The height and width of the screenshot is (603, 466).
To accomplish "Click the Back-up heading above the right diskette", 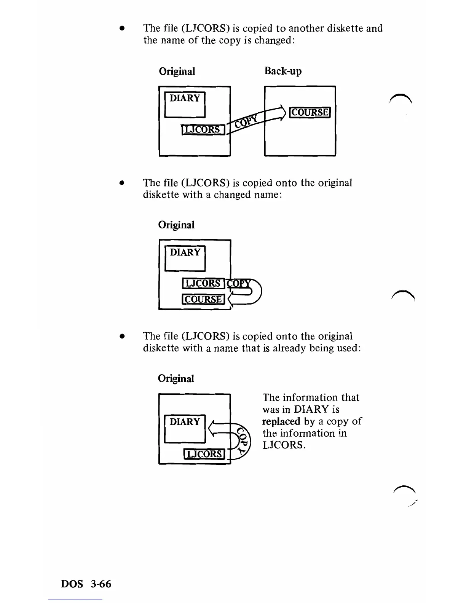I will click(x=283, y=71).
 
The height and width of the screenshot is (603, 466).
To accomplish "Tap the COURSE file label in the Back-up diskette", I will click(x=310, y=112).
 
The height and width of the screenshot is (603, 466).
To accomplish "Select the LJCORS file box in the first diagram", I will click(x=203, y=129).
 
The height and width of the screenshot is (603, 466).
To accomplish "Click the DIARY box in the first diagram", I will click(x=185, y=105).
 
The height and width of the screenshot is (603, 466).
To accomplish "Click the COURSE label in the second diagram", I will click(x=204, y=300).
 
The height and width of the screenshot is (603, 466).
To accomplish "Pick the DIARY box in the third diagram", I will click(x=185, y=428).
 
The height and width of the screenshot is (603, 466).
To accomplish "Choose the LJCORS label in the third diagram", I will click(x=205, y=454).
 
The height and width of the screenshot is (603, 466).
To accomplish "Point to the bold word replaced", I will click(x=281, y=421).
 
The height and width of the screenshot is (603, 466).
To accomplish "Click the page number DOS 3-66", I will click(x=86, y=584).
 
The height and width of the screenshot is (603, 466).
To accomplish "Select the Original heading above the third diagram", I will click(x=176, y=378).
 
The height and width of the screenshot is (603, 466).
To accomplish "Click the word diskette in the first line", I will click(x=344, y=29).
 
